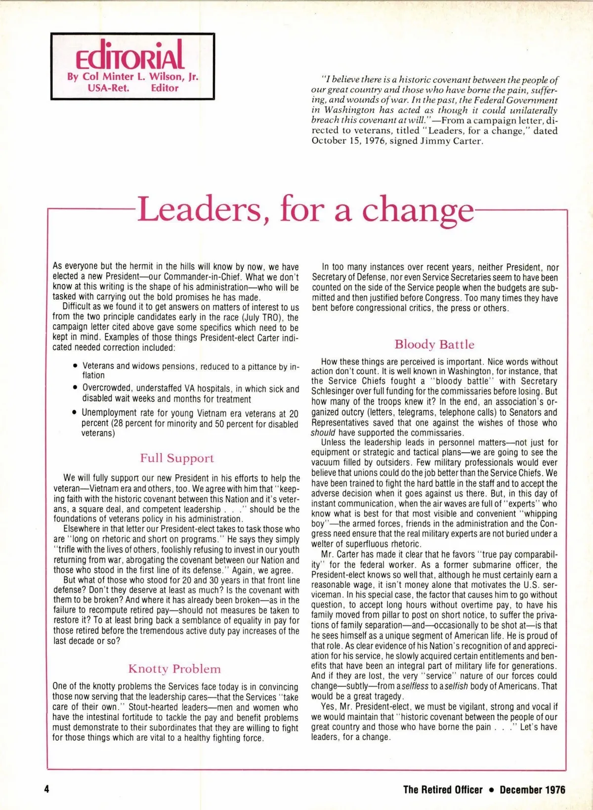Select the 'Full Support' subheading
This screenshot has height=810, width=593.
[x=177, y=458]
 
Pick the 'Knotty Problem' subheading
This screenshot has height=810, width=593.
[x=174, y=669]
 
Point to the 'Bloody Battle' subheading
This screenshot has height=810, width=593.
[x=434, y=344]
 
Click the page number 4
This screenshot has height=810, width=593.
[x=47, y=789]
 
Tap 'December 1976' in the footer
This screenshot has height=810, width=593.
[x=532, y=789]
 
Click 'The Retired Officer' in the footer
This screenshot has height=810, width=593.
[x=443, y=789]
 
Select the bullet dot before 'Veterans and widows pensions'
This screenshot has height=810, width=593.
[x=75, y=366]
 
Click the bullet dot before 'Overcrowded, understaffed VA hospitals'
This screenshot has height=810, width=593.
[x=75, y=389]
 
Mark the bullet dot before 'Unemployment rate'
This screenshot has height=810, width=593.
[x=75, y=412]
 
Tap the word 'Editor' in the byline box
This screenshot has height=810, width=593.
[x=165, y=88]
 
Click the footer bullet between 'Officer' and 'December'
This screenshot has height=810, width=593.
[x=491, y=789]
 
